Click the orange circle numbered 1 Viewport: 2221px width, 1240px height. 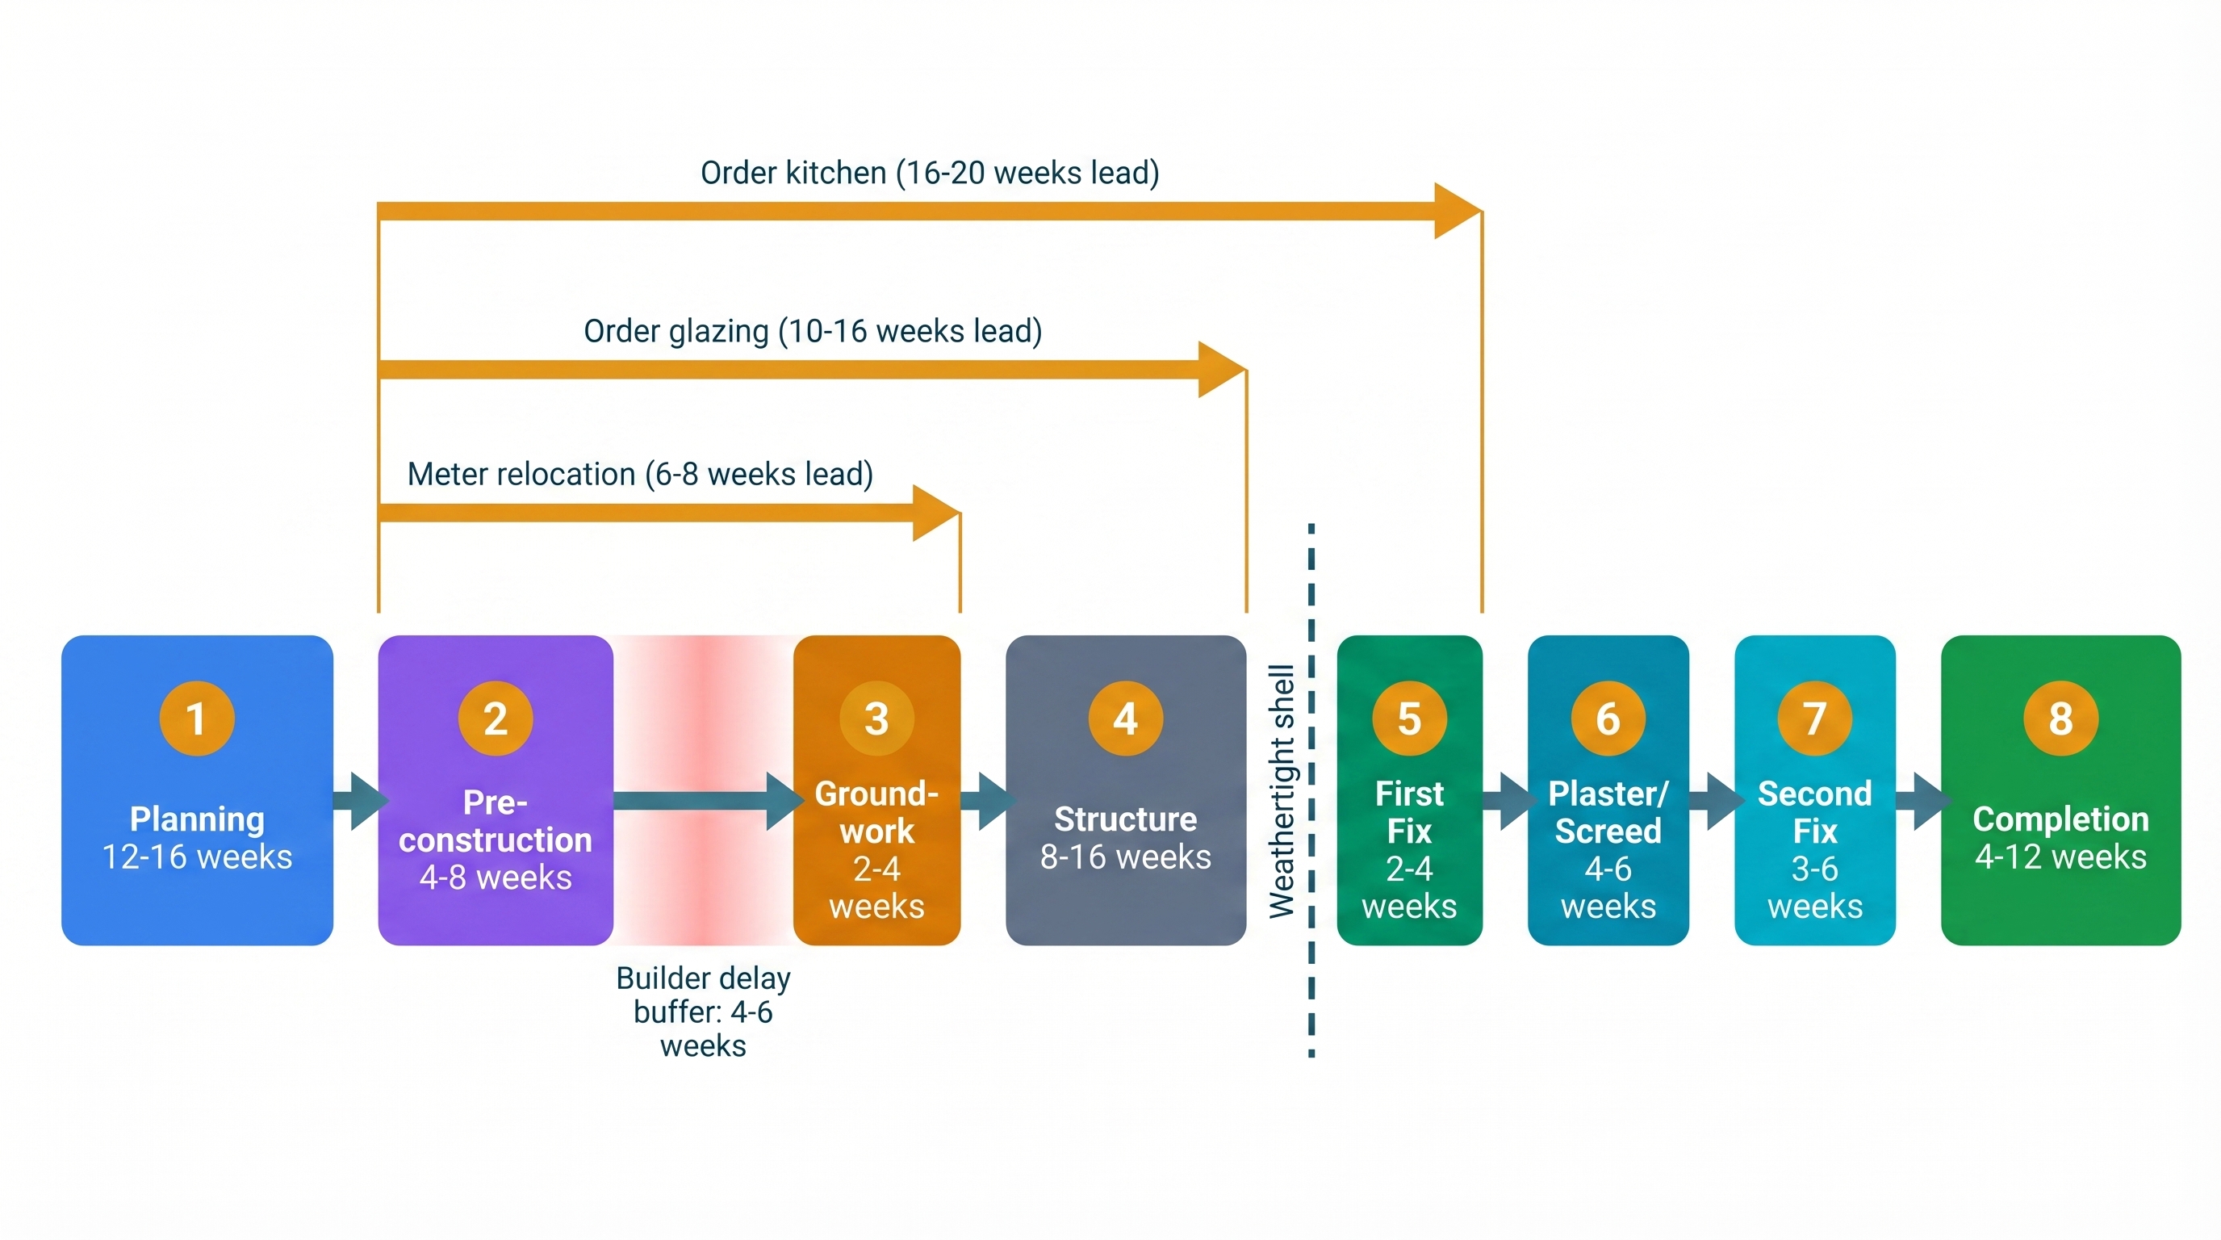pos(197,718)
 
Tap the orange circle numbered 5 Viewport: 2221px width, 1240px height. pos(1409,718)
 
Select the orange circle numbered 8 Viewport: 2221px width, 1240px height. pos(2060,718)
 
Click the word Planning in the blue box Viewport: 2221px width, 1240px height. pos(197,819)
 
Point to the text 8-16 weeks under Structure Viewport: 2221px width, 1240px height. pos(1125,857)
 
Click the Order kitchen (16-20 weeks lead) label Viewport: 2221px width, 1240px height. pos(930,173)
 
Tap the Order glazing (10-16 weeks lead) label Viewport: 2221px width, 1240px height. pos(812,331)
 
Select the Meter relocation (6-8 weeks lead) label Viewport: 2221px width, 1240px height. pos(640,474)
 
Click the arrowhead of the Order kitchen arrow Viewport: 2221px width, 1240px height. pos(1457,211)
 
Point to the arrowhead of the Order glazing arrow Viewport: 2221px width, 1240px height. pos(1221,369)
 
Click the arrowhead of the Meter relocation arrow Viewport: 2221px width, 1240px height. pos(935,513)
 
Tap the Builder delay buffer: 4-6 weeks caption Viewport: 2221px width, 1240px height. pos(703,1012)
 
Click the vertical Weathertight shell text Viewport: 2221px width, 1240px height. pos(1282,790)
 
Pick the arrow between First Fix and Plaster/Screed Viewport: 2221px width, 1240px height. pos(1511,801)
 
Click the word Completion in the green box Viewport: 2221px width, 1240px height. pos(2060,819)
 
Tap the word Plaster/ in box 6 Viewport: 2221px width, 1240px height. pos(1608,794)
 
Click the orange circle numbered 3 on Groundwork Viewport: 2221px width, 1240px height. pos(876,718)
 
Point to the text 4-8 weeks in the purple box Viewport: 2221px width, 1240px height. pos(495,877)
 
